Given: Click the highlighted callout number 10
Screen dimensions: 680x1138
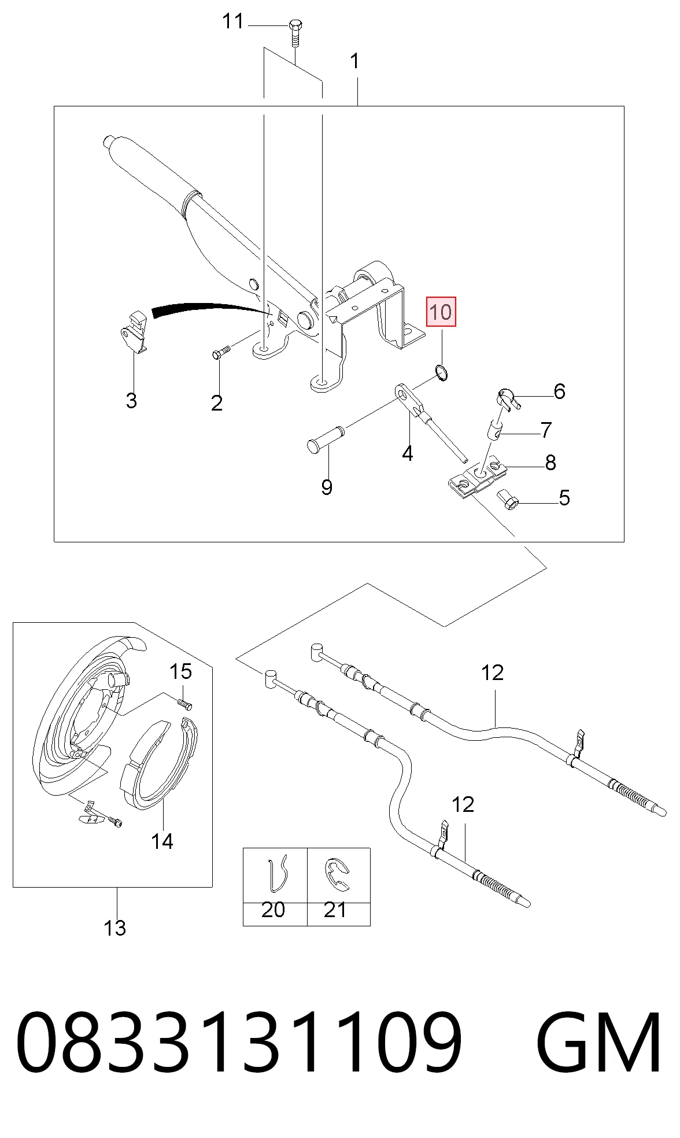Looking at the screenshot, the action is click(x=441, y=312).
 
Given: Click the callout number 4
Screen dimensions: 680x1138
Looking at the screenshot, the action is click(x=408, y=454).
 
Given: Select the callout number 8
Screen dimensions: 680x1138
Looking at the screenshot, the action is click(x=550, y=463).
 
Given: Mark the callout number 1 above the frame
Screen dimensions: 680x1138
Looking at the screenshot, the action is click(x=355, y=61).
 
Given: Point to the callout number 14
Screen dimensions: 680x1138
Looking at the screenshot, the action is click(x=162, y=841).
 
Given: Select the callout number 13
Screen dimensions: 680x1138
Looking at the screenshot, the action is click(x=114, y=928).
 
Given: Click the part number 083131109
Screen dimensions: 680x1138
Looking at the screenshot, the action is click(x=239, y=1043).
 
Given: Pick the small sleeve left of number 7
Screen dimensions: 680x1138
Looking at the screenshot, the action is click(x=494, y=430).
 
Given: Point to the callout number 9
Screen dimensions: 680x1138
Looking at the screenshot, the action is click(x=327, y=487).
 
